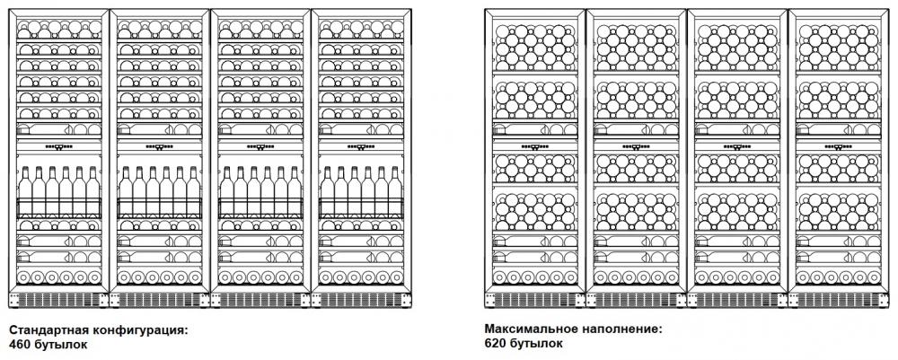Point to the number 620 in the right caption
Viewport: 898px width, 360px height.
[x=495, y=344]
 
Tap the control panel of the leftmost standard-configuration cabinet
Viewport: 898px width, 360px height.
[x=58, y=146]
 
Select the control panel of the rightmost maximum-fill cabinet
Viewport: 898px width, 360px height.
[x=839, y=146]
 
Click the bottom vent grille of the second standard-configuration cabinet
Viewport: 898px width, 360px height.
[x=159, y=300]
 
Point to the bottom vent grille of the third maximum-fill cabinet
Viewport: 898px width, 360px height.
[x=737, y=300]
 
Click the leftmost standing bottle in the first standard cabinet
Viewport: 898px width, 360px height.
[x=24, y=192]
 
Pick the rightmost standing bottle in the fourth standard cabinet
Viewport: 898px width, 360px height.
[x=395, y=192]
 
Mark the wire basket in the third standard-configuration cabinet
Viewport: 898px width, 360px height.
[x=260, y=207]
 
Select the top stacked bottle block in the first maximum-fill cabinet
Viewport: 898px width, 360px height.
[x=535, y=47]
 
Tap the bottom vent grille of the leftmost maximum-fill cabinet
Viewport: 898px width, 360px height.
[x=535, y=300]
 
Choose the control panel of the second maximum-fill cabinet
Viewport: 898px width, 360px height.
[x=637, y=146]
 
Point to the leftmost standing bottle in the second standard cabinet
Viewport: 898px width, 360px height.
[x=126, y=192]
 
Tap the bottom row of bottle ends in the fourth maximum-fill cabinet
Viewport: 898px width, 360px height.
[x=839, y=277]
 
